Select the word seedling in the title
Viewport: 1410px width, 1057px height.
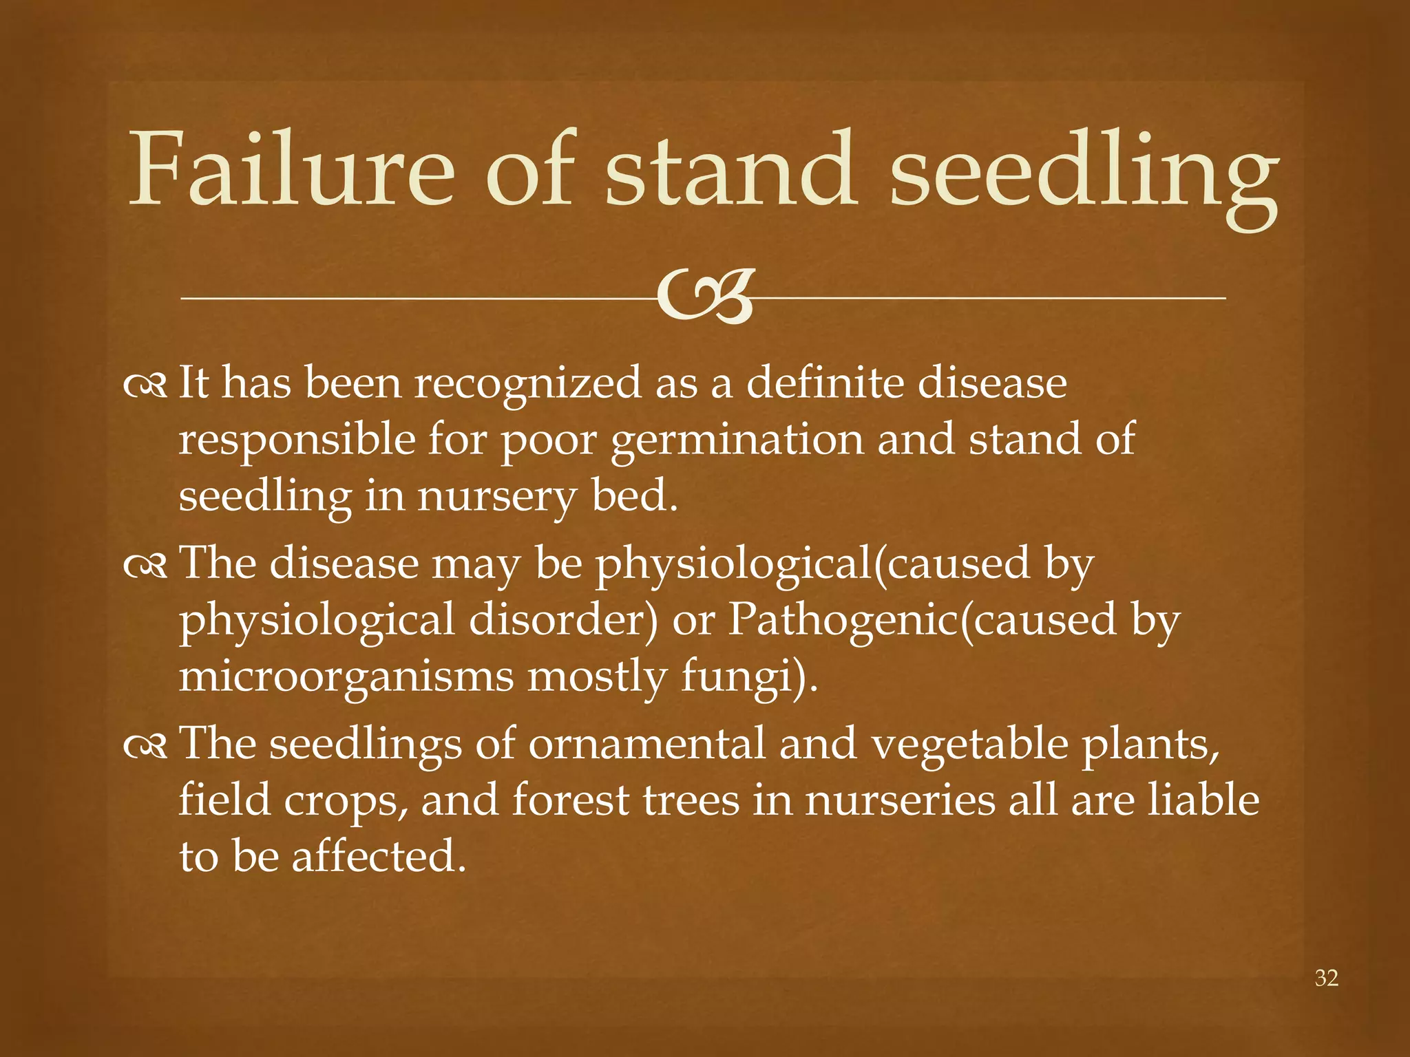coord(1084,175)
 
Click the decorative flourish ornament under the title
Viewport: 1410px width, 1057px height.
coord(704,297)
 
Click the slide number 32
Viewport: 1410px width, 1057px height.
coord(1327,978)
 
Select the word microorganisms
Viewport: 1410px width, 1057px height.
coord(346,678)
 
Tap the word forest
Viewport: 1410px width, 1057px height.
coord(570,802)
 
